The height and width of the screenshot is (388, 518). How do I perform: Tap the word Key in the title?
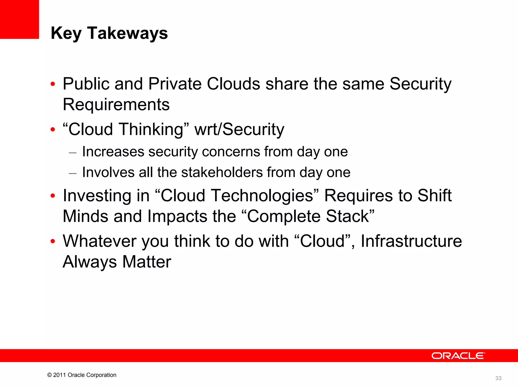click(x=66, y=33)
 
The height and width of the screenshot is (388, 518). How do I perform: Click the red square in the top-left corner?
click(x=19, y=19)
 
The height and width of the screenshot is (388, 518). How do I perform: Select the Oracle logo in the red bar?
click(x=458, y=356)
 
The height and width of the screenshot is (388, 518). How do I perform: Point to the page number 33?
click(x=498, y=378)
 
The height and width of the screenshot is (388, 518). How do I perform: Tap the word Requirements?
click(x=116, y=104)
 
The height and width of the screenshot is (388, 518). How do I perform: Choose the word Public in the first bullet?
click(x=86, y=84)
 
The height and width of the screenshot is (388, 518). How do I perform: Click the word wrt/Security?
click(x=239, y=129)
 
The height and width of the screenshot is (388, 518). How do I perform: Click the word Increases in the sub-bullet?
click(x=113, y=152)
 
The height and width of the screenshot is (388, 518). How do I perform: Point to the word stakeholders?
click(x=222, y=172)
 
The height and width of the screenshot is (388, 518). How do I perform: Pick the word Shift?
click(x=434, y=196)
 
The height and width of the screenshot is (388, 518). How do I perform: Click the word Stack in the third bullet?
click(x=347, y=216)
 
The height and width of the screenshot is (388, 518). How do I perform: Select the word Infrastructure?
click(x=411, y=241)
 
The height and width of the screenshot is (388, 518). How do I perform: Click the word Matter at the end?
click(x=147, y=262)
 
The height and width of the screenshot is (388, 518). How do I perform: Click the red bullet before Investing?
click(x=53, y=196)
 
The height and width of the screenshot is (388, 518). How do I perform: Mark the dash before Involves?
click(x=73, y=173)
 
